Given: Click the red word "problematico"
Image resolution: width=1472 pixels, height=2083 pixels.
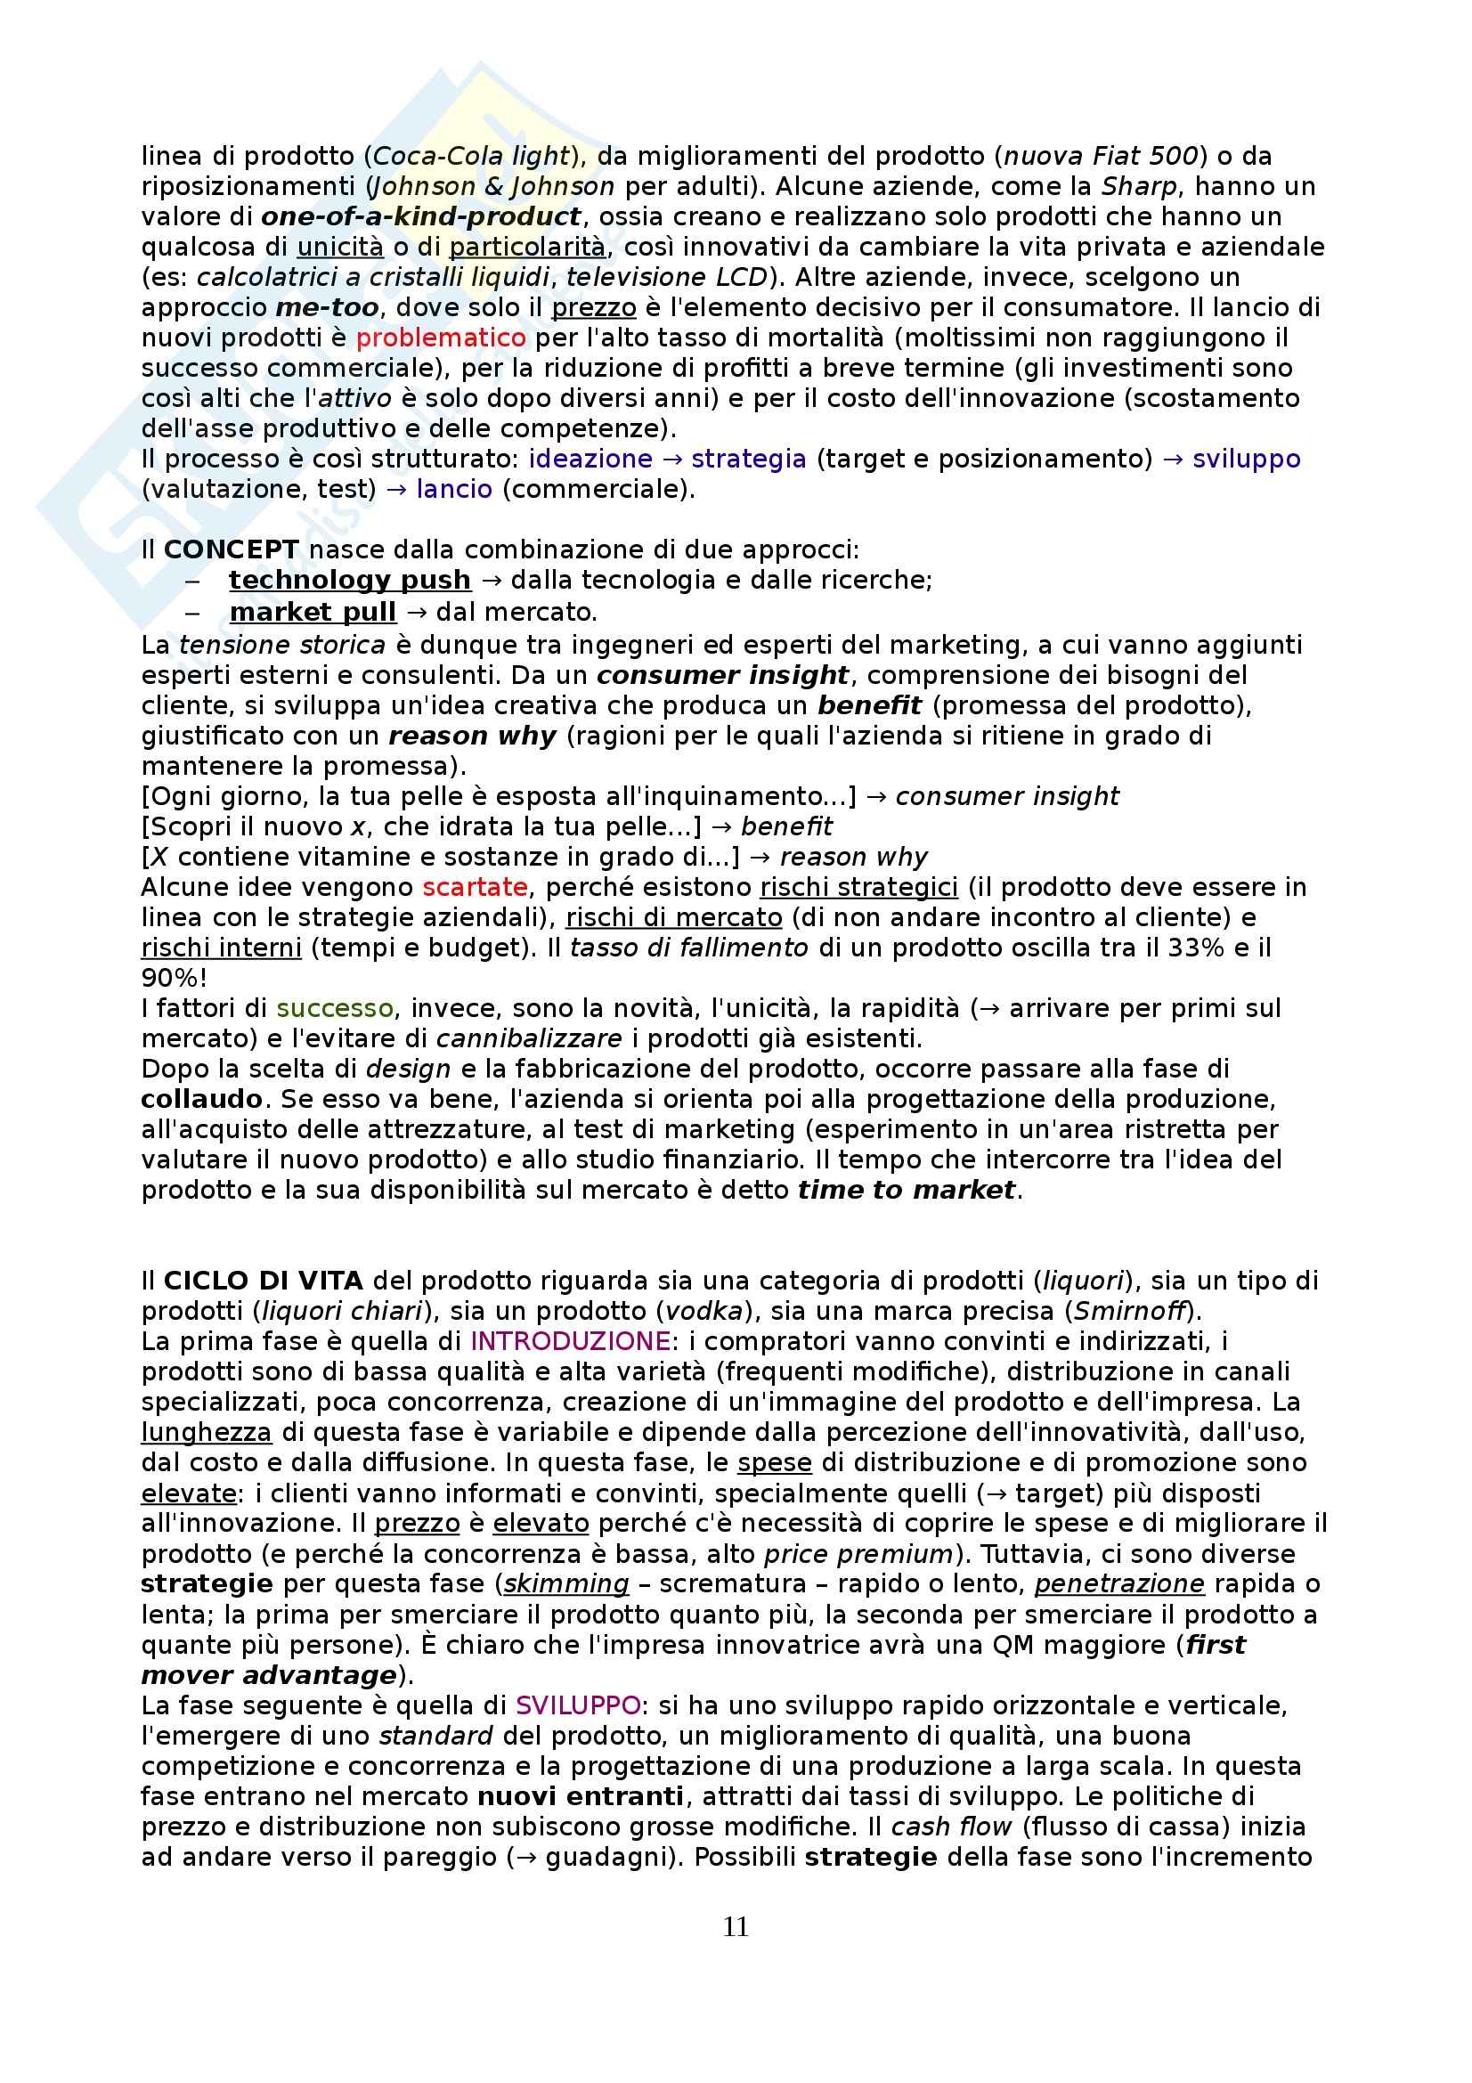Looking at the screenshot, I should (x=441, y=338).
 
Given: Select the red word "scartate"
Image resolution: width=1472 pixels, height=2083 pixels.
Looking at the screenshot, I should (x=475, y=886).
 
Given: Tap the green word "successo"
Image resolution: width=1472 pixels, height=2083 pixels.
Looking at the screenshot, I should (x=335, y=1008).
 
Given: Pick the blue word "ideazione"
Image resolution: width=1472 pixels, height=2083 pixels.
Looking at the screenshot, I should (x=590, y=459).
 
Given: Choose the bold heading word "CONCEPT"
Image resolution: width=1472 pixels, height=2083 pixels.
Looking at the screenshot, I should (x=232, y=549).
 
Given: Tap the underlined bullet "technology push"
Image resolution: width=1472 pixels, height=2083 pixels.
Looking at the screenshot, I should (x=349, y=580).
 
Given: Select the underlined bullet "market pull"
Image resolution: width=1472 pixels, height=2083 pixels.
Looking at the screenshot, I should (x=313, y=613).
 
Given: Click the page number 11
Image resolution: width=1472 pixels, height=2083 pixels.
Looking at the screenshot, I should (x=736, y=1925).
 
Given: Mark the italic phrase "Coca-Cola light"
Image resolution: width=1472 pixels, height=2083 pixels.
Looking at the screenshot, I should (x=472, y=156).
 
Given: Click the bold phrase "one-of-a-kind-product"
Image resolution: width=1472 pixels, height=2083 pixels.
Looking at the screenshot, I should (x=421, y=216).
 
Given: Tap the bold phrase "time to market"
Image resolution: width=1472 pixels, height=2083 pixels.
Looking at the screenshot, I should (x=906, y=1190).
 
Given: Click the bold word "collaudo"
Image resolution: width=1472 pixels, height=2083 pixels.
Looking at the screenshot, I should (x=201, y=1099).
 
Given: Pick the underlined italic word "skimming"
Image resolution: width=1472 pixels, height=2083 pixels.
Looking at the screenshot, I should (x=566, y=1584).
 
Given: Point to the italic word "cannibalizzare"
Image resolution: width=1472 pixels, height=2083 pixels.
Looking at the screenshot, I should (x=530, y=1037).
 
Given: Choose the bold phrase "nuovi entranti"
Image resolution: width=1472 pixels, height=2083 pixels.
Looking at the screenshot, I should (x=581, y=1796).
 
